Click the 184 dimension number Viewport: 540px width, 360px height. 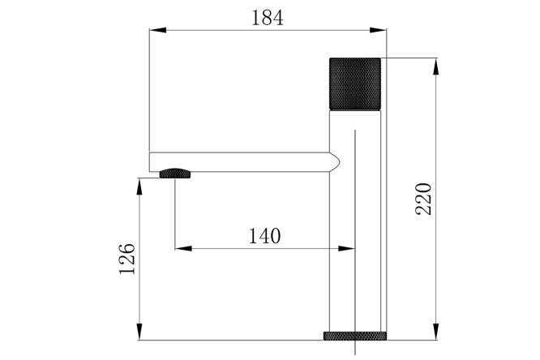tap(268, 18)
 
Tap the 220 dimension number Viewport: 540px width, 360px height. tap(423, 199)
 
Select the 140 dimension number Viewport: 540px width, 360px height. tap(264, 236)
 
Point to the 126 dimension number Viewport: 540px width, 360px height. tap(126, 259)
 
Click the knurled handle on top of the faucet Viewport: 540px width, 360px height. tap(355, 84)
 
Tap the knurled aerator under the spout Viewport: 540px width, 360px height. tap(175, 174)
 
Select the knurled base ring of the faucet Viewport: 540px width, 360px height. tap(354, 336)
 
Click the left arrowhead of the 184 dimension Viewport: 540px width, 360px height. tap(158, 30)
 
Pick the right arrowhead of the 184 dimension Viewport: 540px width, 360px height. tap(378, 30)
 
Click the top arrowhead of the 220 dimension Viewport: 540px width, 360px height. tap(436, 66)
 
